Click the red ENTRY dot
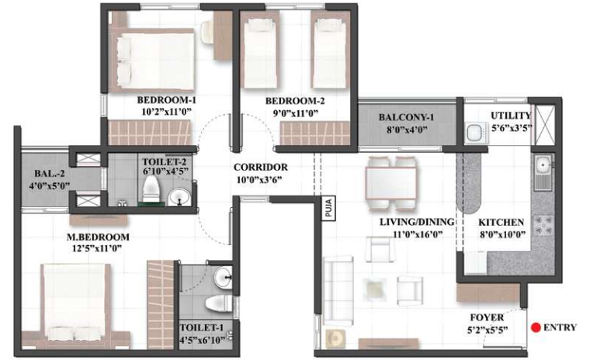tap(536, 327)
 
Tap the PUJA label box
tap(328, 208)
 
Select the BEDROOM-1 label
tap(166, 100)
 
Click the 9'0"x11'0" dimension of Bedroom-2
tap(295, 112)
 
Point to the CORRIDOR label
tap(260, 167)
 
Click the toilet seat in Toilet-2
tap(151, 189)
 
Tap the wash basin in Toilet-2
tap(179, 197)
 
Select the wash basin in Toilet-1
tap(223, 278)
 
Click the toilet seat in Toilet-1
tap(219, 303)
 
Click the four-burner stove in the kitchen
tap(543, 225)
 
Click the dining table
tap(391, 183)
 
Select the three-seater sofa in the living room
tap(338, 290)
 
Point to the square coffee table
tap(375, 289)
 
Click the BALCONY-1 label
tap(406, 117)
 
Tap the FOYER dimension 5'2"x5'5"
tap(488, 331)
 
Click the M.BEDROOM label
tap(98, 237)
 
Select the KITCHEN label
tap(501, 223)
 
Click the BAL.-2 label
tap(49, 174)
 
